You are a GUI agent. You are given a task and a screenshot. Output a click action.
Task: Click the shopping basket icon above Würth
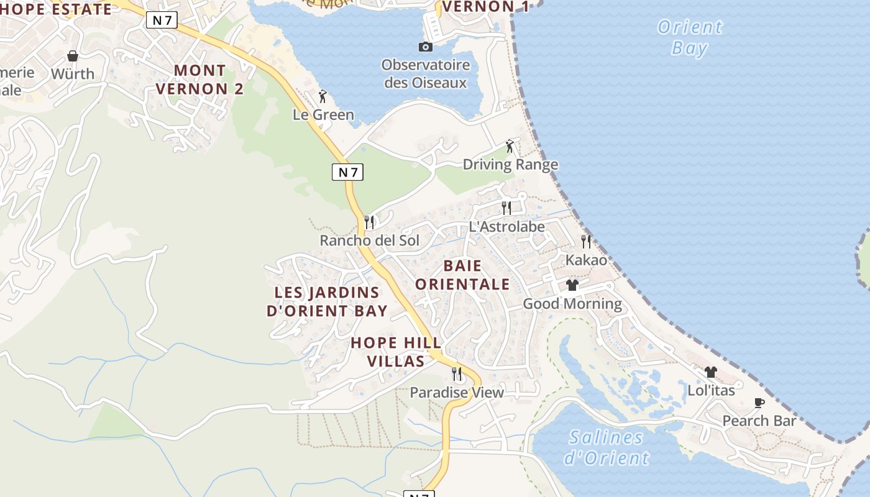click(x=73, y=56)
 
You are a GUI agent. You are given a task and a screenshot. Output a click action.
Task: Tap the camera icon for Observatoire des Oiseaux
click(x=426, y=47)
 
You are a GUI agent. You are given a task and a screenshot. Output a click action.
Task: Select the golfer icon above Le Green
click(x=322, y=96)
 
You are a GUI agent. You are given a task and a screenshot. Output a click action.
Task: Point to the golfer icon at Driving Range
click(x=510, y=146)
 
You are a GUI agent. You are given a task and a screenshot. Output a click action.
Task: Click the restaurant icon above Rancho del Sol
click(x=369, y=222)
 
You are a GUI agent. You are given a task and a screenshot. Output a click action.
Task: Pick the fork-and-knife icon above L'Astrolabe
click(x=506, y=207)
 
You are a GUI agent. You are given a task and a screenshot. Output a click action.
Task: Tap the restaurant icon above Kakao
click(x=586, y=241)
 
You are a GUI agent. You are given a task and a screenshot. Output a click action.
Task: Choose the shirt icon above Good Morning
click(x=572, y=285)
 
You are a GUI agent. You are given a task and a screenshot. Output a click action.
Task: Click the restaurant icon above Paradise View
click(x=457, y=373)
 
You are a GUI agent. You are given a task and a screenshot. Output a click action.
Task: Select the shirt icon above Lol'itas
click(x=711, y=372)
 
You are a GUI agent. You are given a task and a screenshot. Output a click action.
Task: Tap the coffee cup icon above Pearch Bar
click(x=759, y=403)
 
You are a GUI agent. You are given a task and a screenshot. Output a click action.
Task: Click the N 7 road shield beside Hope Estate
click(x=162, y=20)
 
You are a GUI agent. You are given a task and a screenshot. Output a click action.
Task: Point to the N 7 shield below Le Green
click(x=347, y=172)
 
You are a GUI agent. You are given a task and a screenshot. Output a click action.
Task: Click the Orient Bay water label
click(x=690, y=37)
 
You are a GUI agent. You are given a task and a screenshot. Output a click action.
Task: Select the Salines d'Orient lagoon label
click(x=606, y=448)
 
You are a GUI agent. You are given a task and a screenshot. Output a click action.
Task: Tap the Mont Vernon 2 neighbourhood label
click(x=199, y=80)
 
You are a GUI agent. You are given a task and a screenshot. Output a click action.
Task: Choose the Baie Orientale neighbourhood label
click(x=462, y=275)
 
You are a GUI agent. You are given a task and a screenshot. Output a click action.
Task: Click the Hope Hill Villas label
click(x=396, y=352)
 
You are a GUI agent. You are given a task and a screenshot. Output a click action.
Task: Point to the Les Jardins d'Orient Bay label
click(x=327, y=301)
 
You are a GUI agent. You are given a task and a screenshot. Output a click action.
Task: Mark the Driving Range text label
click(x=510, y=165)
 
